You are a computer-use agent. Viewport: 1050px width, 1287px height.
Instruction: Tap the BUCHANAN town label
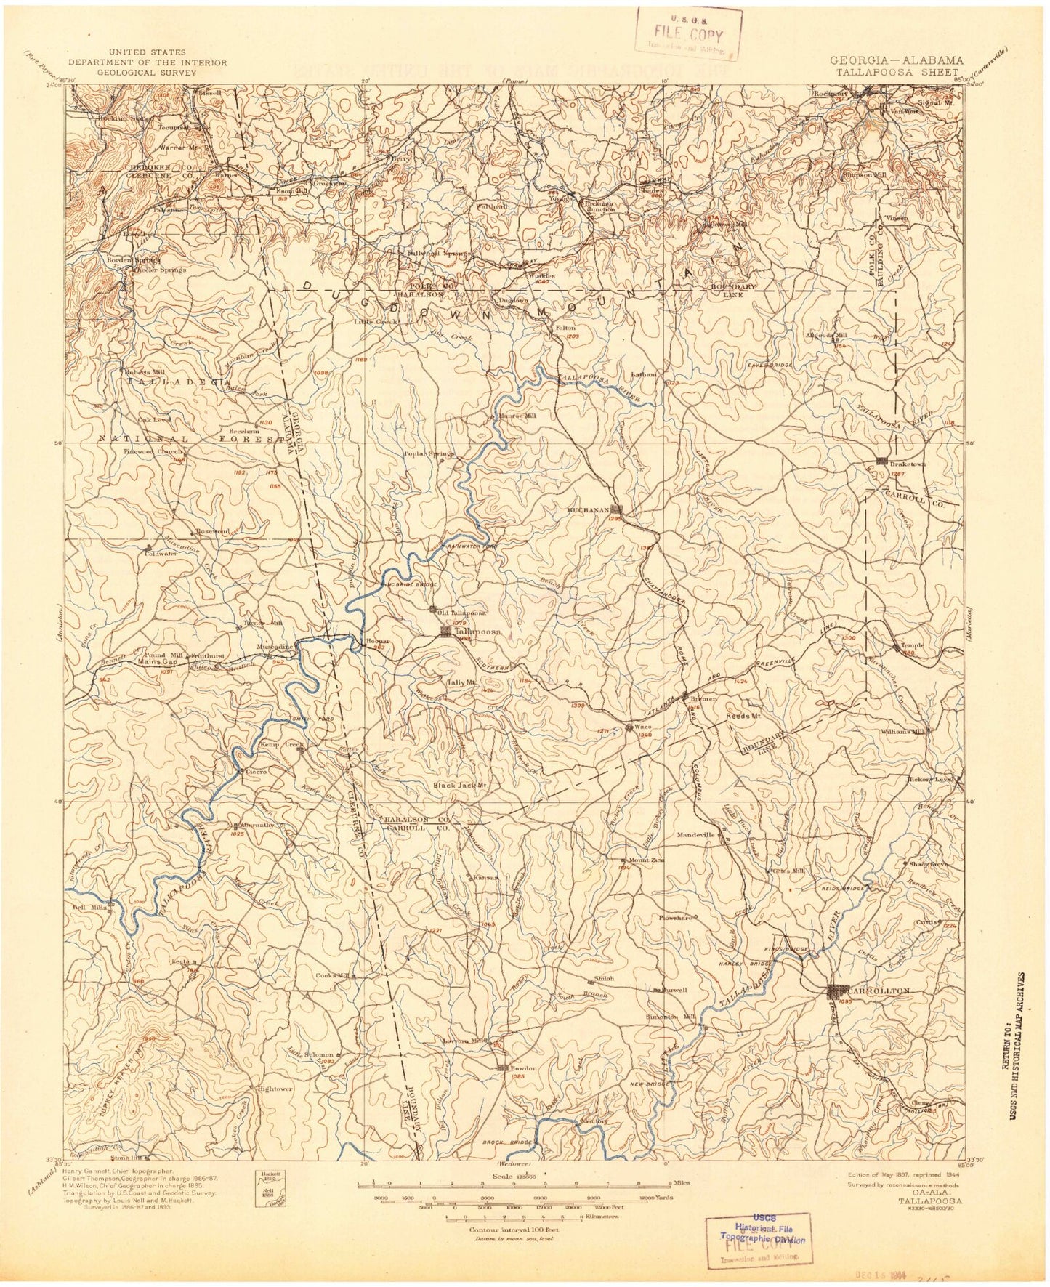coord(590,510)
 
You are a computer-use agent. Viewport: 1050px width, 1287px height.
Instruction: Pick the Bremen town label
coord(703,698)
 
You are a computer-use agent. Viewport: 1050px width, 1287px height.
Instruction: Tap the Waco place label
coord(641,727)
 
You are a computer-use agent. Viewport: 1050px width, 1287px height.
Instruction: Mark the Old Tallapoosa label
coord(461,612)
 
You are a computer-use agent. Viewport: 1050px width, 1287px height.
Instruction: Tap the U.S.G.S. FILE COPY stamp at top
coord(688,33)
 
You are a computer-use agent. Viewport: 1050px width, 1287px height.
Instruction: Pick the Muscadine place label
coord(275,645)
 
